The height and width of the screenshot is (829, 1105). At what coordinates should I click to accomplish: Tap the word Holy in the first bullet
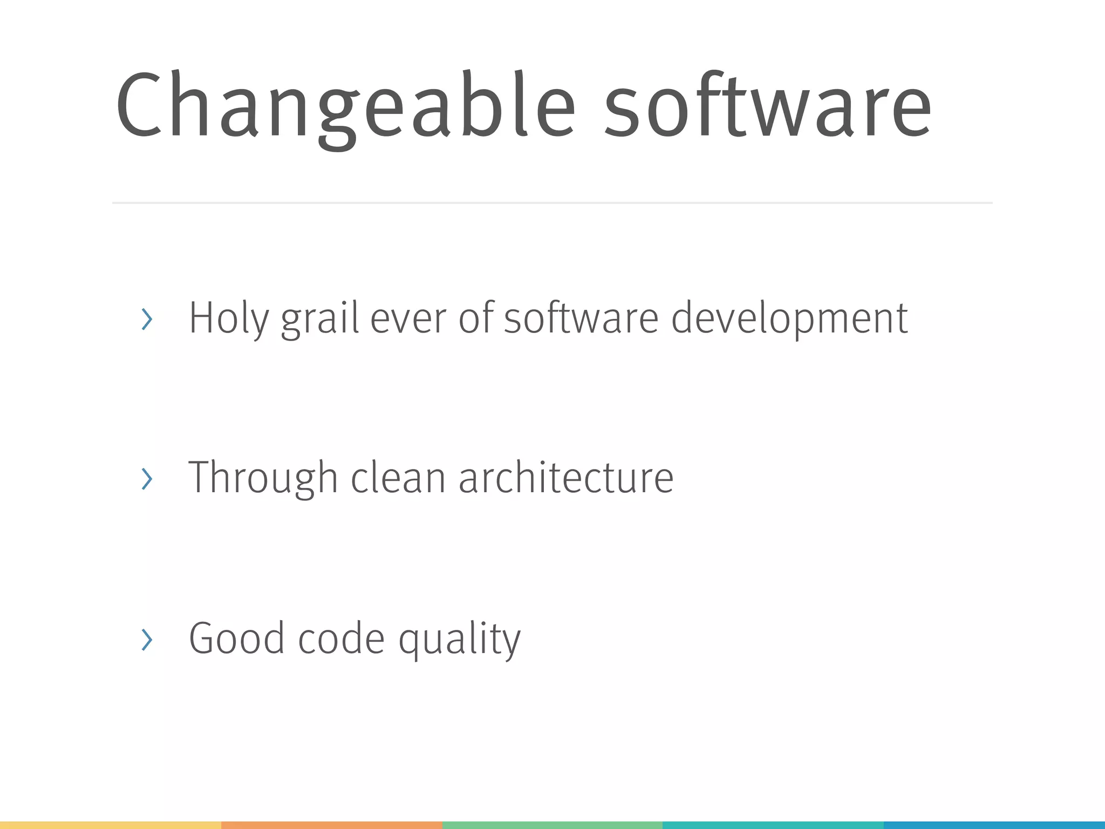229,318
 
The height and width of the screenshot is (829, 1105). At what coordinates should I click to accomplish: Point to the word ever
408,318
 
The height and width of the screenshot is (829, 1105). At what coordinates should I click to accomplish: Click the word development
789,318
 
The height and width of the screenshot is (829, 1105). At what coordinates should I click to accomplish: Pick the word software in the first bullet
581,318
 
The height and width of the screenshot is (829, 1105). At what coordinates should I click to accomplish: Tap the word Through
263,478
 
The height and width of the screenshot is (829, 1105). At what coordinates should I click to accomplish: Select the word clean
398,478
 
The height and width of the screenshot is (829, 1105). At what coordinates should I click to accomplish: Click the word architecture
566,478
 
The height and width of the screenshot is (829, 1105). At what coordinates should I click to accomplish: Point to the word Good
236,638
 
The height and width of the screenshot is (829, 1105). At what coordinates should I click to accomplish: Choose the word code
341,638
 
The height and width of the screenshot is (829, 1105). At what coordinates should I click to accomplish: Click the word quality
460,640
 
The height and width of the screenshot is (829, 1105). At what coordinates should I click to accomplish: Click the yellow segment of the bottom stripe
111,825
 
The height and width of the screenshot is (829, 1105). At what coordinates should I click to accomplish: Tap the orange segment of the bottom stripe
332,825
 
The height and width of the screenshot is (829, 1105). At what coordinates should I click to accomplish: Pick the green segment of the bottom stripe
552,825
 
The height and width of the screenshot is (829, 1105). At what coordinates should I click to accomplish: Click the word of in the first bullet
476,318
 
